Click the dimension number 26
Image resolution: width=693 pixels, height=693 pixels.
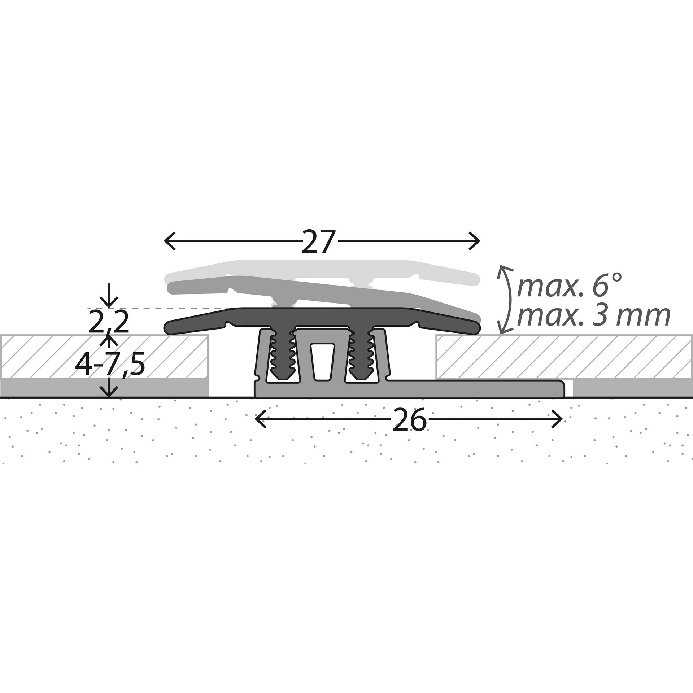coord(410,420)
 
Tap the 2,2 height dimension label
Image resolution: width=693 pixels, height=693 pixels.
coord(108,323)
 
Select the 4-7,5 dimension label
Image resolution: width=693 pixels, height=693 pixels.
coord(110,365)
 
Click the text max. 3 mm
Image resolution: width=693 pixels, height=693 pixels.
coord(593,316)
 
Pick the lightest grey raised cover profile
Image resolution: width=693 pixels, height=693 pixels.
coord(321,266)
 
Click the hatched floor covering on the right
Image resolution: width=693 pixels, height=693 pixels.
coord(563,356)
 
